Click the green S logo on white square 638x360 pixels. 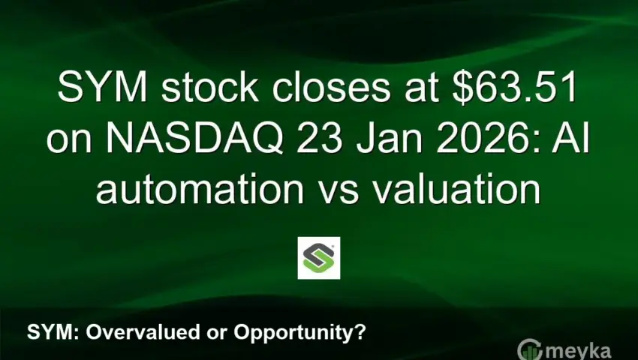(319, 258)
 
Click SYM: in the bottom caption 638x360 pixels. (48, 331)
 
